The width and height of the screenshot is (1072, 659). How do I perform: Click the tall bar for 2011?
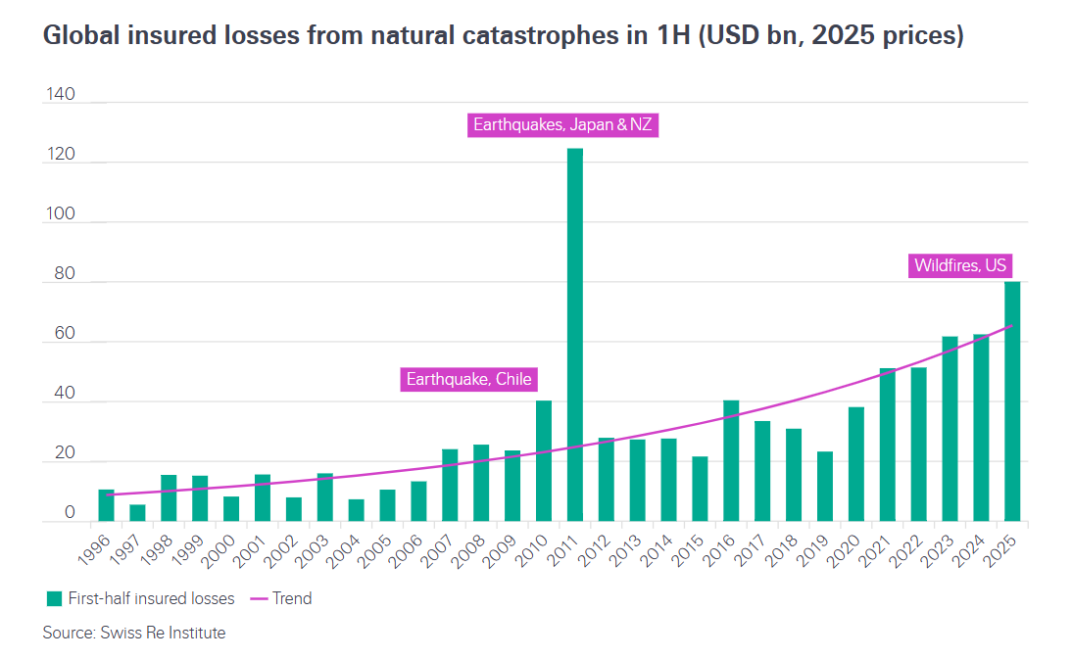575,333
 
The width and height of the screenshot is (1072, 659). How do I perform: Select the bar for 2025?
1012,401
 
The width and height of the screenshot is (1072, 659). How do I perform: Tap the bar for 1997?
137,512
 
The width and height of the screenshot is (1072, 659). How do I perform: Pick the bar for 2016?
731,460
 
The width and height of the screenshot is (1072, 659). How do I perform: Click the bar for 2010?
544,460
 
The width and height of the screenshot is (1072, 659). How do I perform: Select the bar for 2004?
357,510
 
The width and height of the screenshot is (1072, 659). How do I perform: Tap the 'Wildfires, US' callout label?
960,265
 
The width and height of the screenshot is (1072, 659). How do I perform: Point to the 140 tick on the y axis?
60,94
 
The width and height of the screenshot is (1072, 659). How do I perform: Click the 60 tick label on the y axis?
64,335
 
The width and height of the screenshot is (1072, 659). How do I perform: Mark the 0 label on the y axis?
69,513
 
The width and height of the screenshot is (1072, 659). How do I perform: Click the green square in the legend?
53,598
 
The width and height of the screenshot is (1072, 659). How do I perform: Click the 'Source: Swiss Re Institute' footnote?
134,633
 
